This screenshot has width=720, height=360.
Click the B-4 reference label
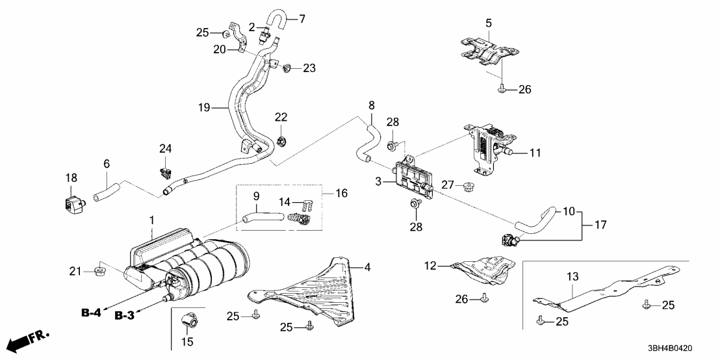click(x=92, y=313)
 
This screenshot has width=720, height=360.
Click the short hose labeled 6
click(x=108, y=192)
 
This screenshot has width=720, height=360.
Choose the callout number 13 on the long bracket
click(x=572, y=276)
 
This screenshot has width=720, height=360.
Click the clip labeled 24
click(x=166, y=172)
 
